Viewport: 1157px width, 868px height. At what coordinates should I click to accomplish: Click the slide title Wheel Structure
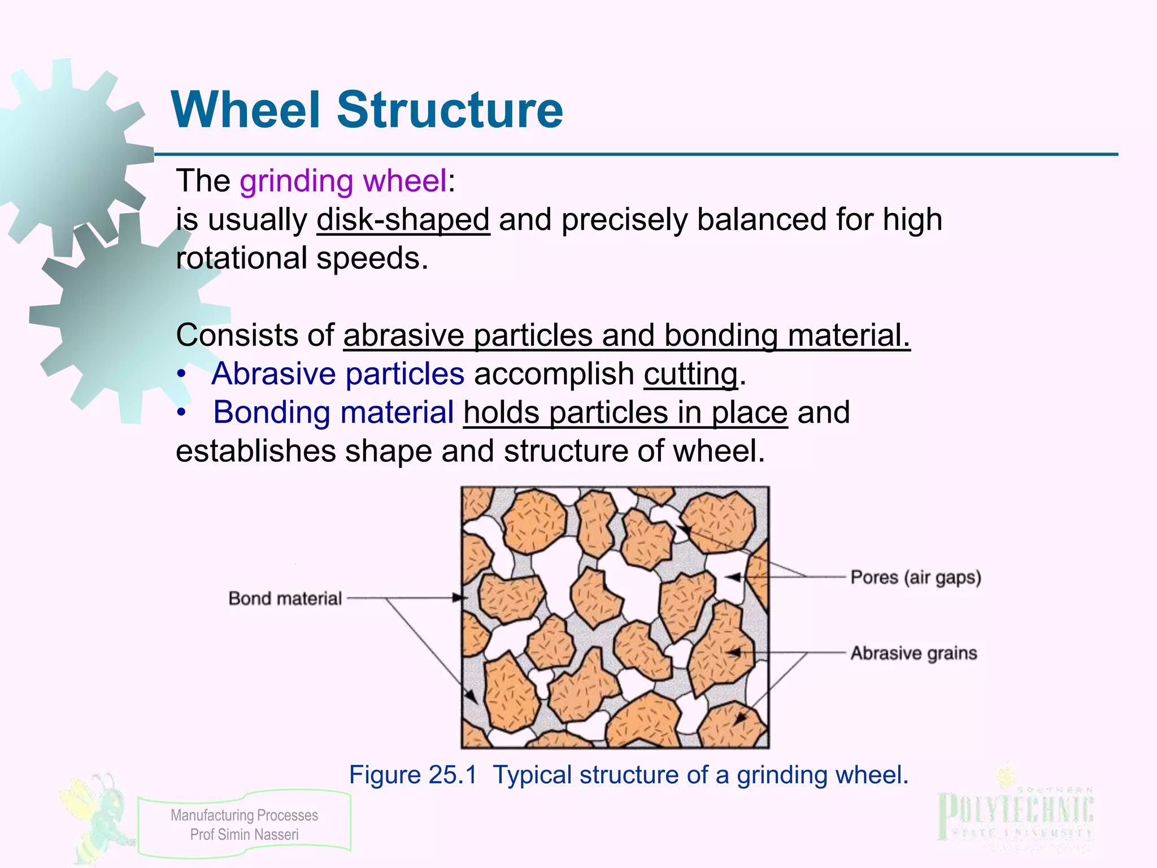click(x=367, y=110)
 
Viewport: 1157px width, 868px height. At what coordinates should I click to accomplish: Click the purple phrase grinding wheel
click(x=343, y=181)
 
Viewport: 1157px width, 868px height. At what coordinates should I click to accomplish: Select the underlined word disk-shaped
click(x=403, y=220)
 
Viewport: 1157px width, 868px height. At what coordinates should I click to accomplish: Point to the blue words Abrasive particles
click(x=338, y=374)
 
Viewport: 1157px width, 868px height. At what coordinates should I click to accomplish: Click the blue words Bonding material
click(x=333, y=413)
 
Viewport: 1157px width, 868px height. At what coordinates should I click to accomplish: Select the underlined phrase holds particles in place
click(x=625, y=413)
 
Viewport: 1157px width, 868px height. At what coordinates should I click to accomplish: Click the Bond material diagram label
click(x=285, y=598)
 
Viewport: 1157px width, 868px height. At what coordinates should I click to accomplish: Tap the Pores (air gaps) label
click(x=916, y=578)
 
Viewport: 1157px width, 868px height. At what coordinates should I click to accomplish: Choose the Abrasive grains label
click(x=914, y=653)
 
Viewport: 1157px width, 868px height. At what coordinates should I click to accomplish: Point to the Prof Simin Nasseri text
click(x=244, y=835)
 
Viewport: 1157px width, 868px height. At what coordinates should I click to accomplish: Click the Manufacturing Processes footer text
click(x=244, y=815)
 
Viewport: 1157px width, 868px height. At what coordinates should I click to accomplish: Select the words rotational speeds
click(x=302, y=258)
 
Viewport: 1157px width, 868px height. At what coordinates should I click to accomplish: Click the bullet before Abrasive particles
click(x=181, y=375)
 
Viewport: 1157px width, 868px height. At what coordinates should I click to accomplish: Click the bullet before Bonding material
click(x=181, y=413)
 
